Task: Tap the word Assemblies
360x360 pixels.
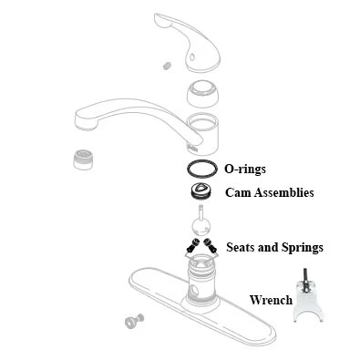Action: (x=283, y=193)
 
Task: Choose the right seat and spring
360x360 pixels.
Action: (x=211, y=245)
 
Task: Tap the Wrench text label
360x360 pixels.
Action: (x=271, y=300)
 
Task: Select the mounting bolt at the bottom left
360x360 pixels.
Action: (x=133, y=321)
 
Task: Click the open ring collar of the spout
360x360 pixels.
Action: (x=205, y=131)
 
